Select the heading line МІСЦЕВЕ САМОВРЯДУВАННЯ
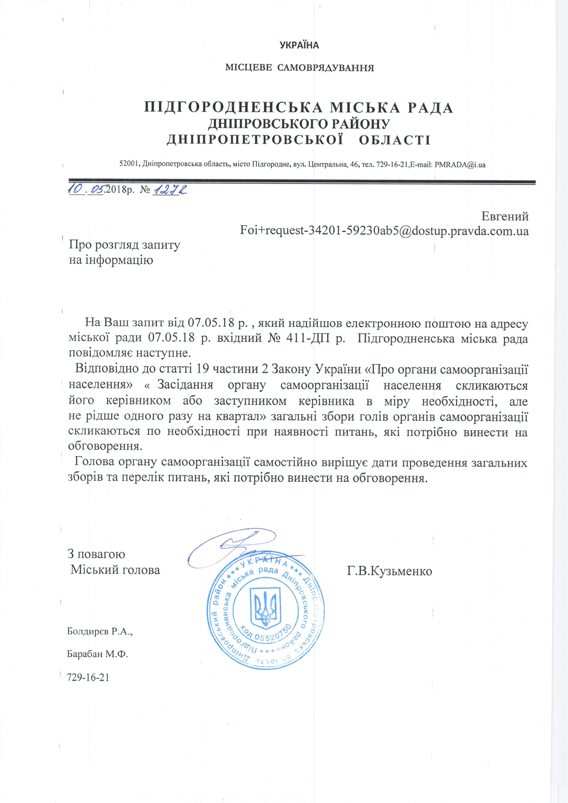click(300, 68)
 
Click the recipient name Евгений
click(505, 216)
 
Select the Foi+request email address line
click(384, 231)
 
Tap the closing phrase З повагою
click(96, 554)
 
